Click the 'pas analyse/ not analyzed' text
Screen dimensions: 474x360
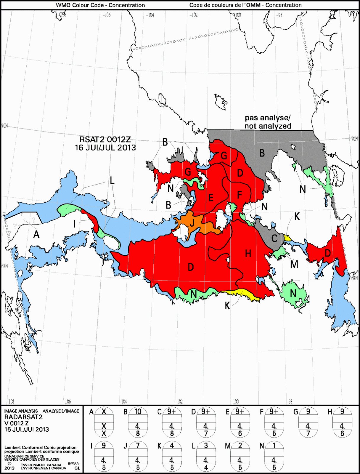[268, 122]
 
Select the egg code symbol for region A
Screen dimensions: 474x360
[104, 422]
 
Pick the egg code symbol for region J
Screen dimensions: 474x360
[138, 457]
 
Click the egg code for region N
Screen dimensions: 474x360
[274, 457]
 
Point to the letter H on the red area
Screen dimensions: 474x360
[248, 253]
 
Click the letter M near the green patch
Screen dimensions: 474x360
[294, 264]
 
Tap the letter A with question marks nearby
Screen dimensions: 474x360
[36, 235]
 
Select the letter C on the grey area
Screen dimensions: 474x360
[274, 238]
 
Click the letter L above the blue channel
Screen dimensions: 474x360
[112, 180]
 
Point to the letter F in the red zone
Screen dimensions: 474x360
[240, 195]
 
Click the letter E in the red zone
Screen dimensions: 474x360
[211, 198]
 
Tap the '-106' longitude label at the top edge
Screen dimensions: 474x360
[107, 15]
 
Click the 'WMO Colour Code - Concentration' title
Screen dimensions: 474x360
[100, 5]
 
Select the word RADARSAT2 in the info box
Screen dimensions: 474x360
[23, 417]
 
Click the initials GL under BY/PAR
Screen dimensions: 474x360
[77, 468]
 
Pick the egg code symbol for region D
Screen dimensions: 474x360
[206, 422]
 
